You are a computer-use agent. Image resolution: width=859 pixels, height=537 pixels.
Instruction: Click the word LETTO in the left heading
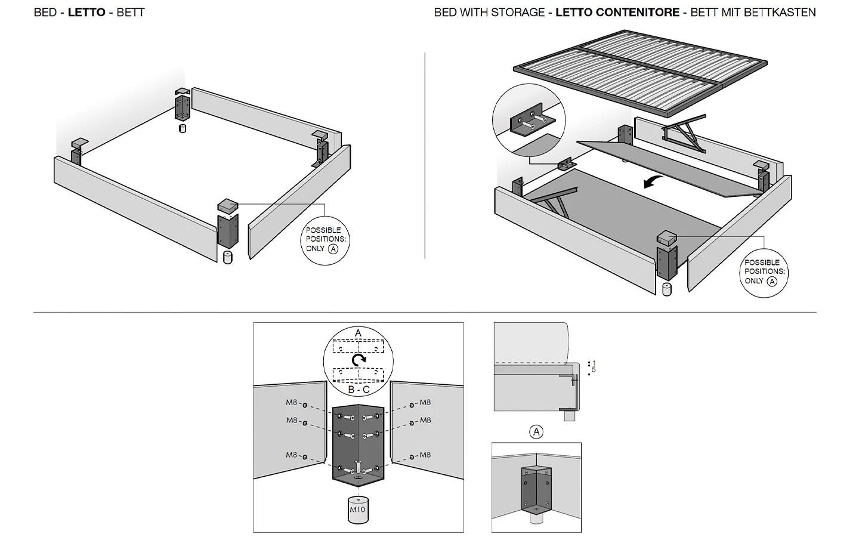[86, 12]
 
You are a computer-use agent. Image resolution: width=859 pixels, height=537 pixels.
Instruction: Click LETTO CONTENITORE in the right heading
[617, 12]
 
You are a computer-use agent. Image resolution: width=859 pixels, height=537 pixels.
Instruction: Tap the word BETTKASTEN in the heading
[783, 12]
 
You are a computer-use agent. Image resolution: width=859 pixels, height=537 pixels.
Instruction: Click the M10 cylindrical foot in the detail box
[357, 510]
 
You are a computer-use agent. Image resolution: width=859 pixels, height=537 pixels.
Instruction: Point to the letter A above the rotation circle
[358, 333]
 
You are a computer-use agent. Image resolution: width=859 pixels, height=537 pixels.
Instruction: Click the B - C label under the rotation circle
[358, 390]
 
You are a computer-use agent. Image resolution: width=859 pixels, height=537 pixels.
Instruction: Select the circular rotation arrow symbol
[358, 360]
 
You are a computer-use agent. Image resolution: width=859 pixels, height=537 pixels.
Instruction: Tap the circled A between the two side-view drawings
[536, 432]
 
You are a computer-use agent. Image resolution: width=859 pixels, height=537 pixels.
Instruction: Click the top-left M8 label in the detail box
[292, 403]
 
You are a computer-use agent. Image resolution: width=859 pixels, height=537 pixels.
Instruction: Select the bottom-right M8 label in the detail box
[425, 455]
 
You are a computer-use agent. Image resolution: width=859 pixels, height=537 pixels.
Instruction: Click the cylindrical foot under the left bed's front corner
[227, 258]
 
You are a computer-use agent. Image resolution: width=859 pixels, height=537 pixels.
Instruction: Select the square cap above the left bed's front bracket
[228, 206]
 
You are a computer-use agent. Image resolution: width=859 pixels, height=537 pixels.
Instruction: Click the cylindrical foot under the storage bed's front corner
[666, 289]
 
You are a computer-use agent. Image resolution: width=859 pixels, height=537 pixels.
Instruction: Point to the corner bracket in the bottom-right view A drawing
[536, 488]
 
